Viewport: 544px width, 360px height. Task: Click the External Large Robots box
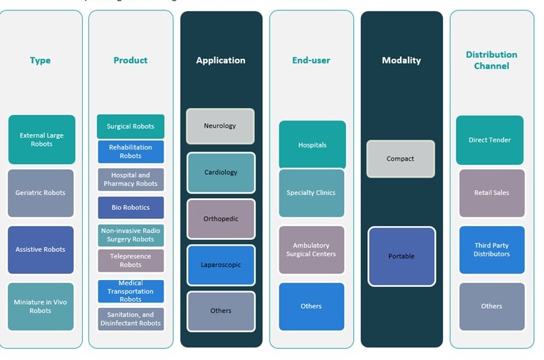coord(41,140)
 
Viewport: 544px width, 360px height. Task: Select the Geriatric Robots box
coord(41,193)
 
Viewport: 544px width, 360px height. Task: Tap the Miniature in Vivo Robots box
coord(41,306)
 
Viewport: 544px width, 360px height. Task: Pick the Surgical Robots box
coord(131,127)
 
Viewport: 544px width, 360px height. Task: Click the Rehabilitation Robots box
coord(131,152)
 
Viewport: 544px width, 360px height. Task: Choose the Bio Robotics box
coord(131,208)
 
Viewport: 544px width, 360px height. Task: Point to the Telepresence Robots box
coord(131,260)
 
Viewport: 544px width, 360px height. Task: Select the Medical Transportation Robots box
coord(131,291)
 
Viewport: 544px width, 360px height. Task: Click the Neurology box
coord(220,126)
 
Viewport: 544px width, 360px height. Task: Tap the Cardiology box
coord(220,173)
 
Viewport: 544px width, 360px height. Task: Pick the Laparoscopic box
coord(220,265)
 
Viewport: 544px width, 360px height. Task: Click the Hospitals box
coord(312,145)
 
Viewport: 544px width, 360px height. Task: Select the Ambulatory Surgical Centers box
coord(312,250)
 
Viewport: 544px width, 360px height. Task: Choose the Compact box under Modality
coord(400,159)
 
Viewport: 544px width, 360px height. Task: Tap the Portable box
coord(402,256)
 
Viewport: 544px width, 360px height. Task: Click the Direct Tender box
coord(490,140)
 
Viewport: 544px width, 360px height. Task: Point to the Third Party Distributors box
coord(491,250)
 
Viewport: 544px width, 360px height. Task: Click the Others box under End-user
coord(312,306)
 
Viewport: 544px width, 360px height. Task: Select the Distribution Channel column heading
coord(491,60)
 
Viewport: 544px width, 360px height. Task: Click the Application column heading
coord(220,60)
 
